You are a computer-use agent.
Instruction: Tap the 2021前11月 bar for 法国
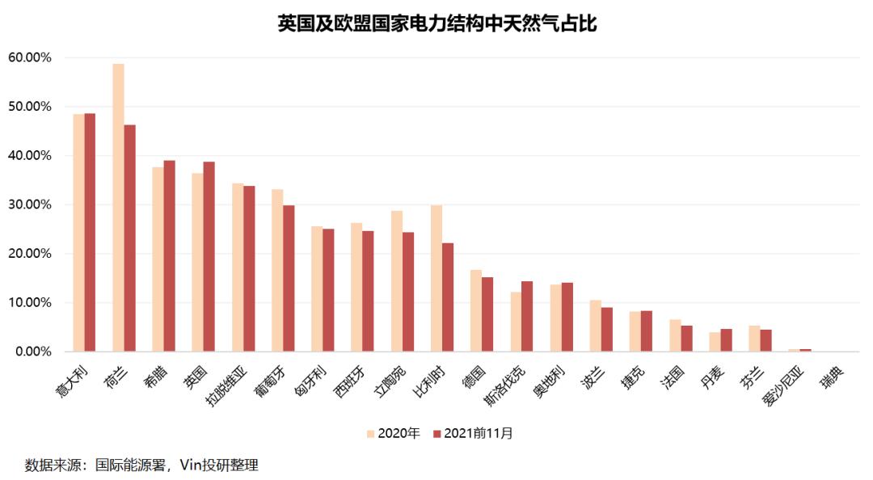point(686,339)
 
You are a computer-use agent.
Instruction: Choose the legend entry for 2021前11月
point(473,433)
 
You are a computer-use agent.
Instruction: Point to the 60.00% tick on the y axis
point(30,57)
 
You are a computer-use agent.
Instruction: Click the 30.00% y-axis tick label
point(30,204)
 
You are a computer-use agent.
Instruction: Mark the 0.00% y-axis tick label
point(33,352)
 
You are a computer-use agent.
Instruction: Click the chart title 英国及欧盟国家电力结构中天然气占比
point(436,23)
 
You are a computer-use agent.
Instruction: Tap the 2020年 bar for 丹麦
point(715,342)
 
